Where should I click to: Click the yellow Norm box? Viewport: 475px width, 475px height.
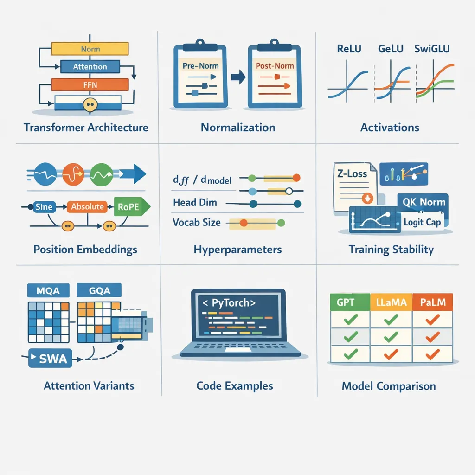click(90, 49)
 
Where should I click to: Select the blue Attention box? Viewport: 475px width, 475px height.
click(90, 66)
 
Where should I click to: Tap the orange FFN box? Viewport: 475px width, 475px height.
click(90, 84)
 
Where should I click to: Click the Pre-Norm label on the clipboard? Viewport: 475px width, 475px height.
click(200, 66)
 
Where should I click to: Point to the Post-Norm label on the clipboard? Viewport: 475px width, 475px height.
click(275, 65)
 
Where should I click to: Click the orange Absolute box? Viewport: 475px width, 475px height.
click(87, 207)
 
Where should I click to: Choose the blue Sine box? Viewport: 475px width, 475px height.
click(44, 207)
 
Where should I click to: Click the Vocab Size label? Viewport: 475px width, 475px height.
click(196, 222)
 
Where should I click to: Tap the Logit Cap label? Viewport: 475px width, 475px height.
click(422, 222)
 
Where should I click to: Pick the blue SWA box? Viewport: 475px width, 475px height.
click(51, 358)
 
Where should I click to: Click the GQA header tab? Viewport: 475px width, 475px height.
click(99, 290)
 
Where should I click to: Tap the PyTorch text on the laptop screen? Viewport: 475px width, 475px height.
click(227, 304)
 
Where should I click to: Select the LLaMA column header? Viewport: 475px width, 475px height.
click(391, 303)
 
